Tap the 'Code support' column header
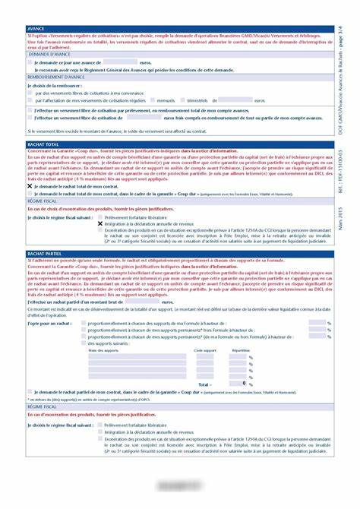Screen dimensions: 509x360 pos(204,349)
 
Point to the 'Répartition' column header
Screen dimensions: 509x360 pos(241,349)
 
